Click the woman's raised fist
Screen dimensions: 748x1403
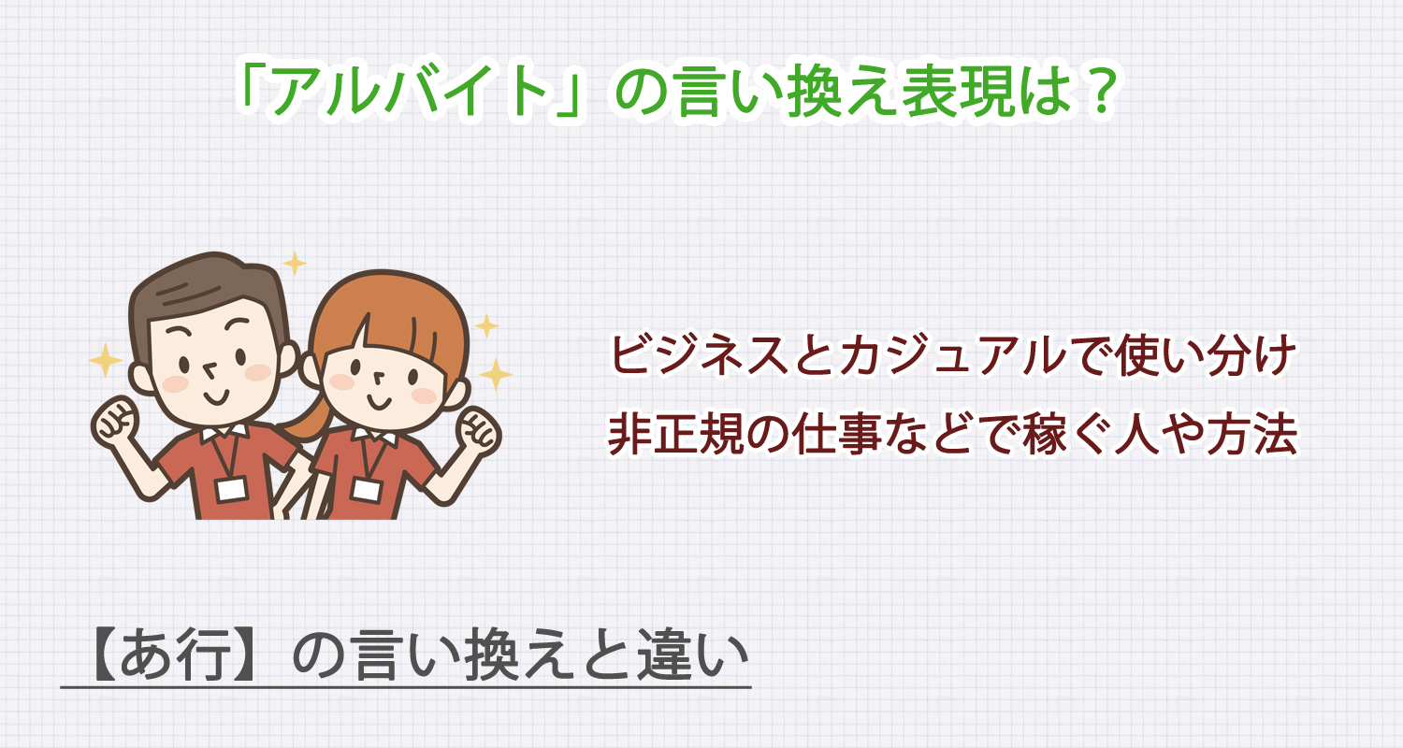coord(476,430)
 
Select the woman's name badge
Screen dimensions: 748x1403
coord(362,488)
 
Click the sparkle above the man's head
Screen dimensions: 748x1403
coord(295,264)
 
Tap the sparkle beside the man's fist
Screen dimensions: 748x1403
coord(105,359)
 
